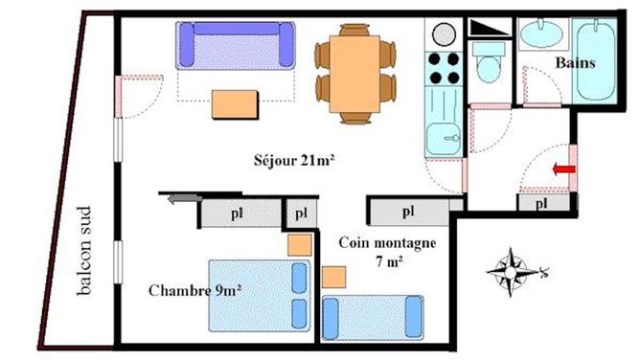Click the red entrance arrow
[563, 169]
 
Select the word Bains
[575, 63]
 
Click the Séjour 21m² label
[294, 160]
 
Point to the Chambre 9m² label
[194, 290]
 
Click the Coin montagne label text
[387, 243]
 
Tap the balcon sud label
[84, 250]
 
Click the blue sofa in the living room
[236, 45]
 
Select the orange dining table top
[354, 74]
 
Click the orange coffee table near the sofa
[235, 104]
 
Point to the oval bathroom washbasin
[542, 34]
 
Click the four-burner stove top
[444, 68]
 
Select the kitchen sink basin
[443, 138]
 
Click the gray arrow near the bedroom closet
[185, 199]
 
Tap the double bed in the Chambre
[260, 296]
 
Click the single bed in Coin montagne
[373, 318]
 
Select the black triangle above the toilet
[490, 28]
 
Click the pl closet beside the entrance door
[543, 203]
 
